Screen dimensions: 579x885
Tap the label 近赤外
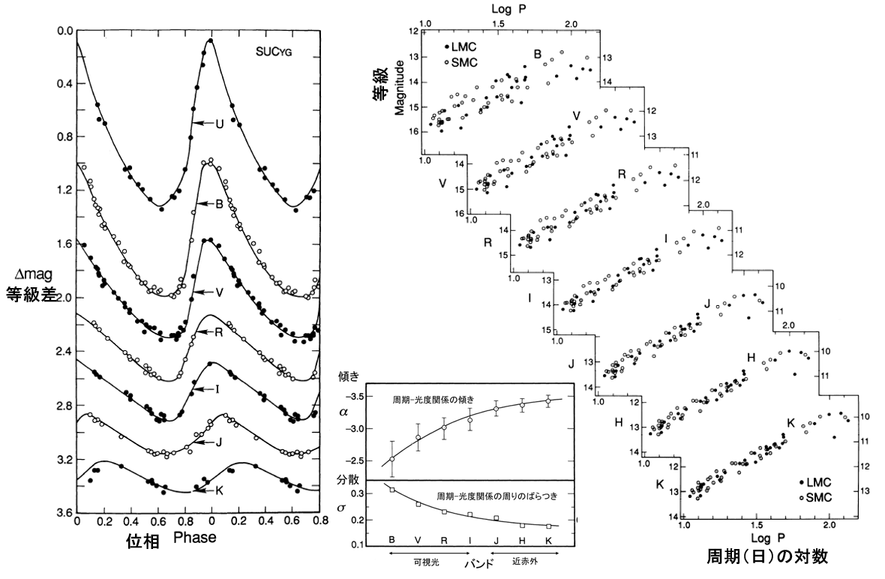pyautogui.click(x=526, y=559)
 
